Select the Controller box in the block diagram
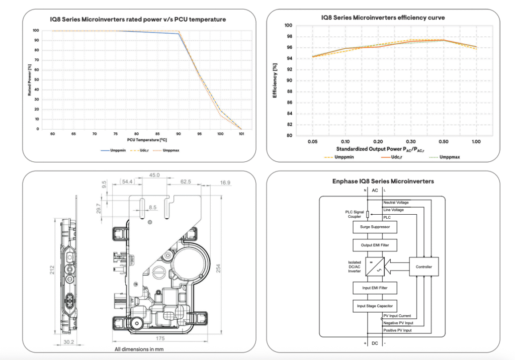point(424,266)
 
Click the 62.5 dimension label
point(186,182)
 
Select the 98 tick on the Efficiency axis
point(288,36)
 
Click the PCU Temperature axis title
point(146,140)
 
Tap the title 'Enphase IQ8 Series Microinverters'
point(383,181)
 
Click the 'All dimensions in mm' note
point(139,349)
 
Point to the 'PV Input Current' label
point(397,316)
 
